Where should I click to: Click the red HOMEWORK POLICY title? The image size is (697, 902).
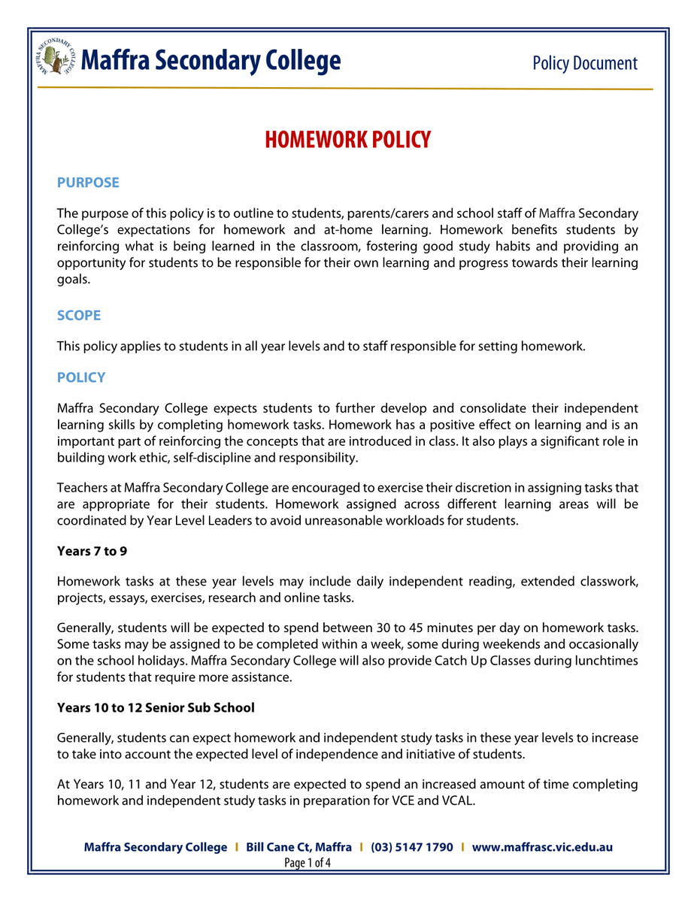coord(347,140)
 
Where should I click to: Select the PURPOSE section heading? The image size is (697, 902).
coord(88,183)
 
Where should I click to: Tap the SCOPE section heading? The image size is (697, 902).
coord(79,316)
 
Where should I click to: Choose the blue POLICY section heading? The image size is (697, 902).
coord(81,377)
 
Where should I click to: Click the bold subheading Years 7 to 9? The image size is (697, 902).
coord(92,552)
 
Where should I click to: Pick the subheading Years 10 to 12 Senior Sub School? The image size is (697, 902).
coord(156,708)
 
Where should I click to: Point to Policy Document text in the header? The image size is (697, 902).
coord(584,63)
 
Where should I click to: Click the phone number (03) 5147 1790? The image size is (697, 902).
coord(412,847)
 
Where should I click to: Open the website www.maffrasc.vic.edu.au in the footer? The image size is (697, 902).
coord(542,847)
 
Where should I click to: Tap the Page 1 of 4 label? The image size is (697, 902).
coord(308,863)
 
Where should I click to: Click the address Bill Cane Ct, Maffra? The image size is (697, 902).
coord(299,847)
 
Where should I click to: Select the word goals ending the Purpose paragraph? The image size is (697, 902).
coord(73,280)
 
